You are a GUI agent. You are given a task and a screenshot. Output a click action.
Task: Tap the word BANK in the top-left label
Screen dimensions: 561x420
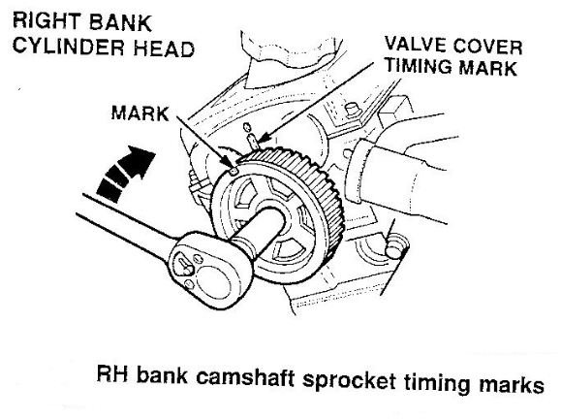point(119,22)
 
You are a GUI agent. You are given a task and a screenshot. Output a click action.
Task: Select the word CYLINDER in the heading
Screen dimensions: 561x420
point(69,47)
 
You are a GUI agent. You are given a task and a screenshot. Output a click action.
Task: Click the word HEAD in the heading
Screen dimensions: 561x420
point(164,48)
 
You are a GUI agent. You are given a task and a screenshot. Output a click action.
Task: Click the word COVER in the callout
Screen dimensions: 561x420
point(487,47)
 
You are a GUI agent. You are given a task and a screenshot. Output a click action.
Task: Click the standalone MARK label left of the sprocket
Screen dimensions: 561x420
point(140,113)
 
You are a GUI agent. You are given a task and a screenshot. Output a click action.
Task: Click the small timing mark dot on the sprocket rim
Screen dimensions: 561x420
point(234,171)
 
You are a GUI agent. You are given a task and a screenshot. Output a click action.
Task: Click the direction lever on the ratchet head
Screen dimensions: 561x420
point(185,264)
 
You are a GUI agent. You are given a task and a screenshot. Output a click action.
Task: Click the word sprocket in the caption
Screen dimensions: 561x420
point(349,381)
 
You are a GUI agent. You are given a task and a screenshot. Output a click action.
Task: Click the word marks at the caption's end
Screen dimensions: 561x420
point(512,384)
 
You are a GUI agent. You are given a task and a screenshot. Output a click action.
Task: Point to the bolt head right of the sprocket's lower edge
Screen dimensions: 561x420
point(394,248)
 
